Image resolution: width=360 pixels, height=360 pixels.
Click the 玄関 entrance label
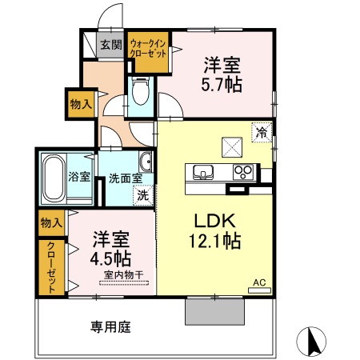click(110, 45)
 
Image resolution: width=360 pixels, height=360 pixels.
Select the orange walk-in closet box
click(148, 52)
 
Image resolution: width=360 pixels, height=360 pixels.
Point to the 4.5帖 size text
click(112, 258)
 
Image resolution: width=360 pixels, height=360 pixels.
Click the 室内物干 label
click(123, 276)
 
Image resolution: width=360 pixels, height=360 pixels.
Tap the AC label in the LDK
click(259, 282)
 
